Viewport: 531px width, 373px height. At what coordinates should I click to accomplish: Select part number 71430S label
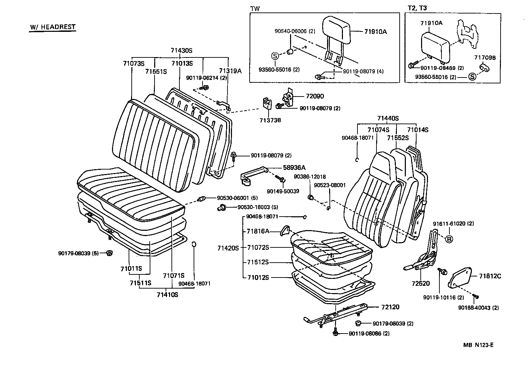click(x=181, y=51)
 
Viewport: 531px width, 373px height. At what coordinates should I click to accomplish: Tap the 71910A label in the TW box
click(x=375, y=31)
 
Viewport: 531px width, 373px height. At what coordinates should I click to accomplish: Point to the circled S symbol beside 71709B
click(x=472, y=77)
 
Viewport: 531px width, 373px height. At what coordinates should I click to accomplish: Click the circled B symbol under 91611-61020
click(x=449, y=239)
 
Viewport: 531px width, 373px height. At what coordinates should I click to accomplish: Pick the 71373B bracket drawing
click(x=265, y=103)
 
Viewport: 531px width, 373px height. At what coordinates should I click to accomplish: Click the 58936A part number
click(x=294, y=167)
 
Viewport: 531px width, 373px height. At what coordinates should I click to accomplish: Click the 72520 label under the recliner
click(x=421, y=284)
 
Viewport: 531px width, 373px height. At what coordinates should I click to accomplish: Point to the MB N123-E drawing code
click(x=478, y=345)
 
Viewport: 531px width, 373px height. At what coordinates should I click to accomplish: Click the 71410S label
click(x=167, y=294)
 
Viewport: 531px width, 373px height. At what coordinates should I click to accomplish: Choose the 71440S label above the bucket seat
click(x=388, y=118)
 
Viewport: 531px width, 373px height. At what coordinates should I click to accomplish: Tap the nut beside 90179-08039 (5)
click(x=109, y=253)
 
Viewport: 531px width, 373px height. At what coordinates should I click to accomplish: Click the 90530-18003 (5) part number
click(x=258, y=207)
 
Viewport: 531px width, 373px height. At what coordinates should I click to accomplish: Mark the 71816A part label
click(x=258, y=231)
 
